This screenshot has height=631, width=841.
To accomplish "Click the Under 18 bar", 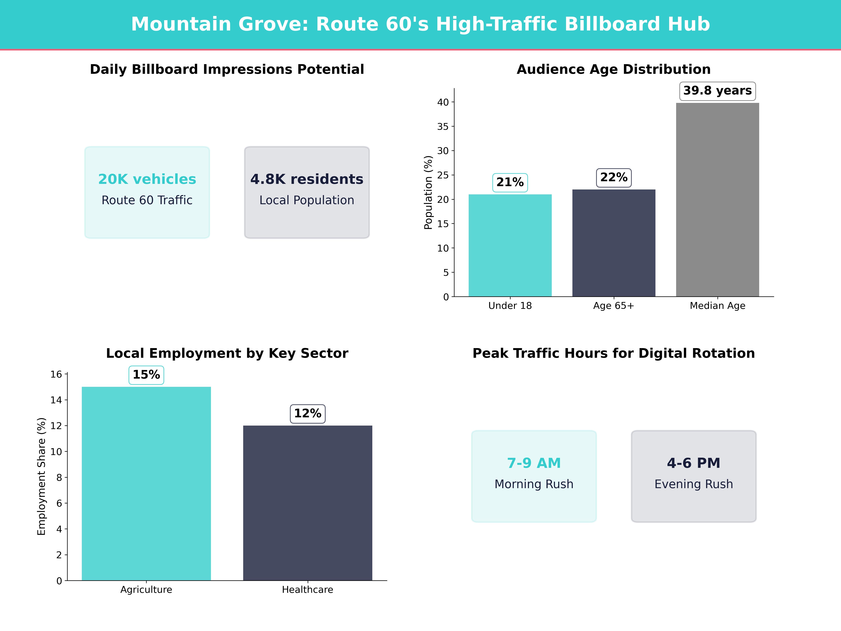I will pos(510,245).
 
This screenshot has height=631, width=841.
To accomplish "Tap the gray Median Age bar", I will pos(717,200).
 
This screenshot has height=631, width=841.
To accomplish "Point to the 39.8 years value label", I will pos(717,91).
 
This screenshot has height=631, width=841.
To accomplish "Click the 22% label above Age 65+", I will pos(614,178).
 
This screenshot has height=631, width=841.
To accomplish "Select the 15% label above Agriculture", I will pos(146,375).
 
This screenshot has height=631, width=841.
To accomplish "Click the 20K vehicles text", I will pos(147,179).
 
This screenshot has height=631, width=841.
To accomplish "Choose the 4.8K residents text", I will pos(307,179).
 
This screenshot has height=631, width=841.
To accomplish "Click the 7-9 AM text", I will pos(534,463).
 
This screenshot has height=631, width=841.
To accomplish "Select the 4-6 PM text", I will pos(693,463).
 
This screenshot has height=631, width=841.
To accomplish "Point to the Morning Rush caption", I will pos(534,484).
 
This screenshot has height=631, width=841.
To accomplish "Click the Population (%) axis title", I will pos(429,192).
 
